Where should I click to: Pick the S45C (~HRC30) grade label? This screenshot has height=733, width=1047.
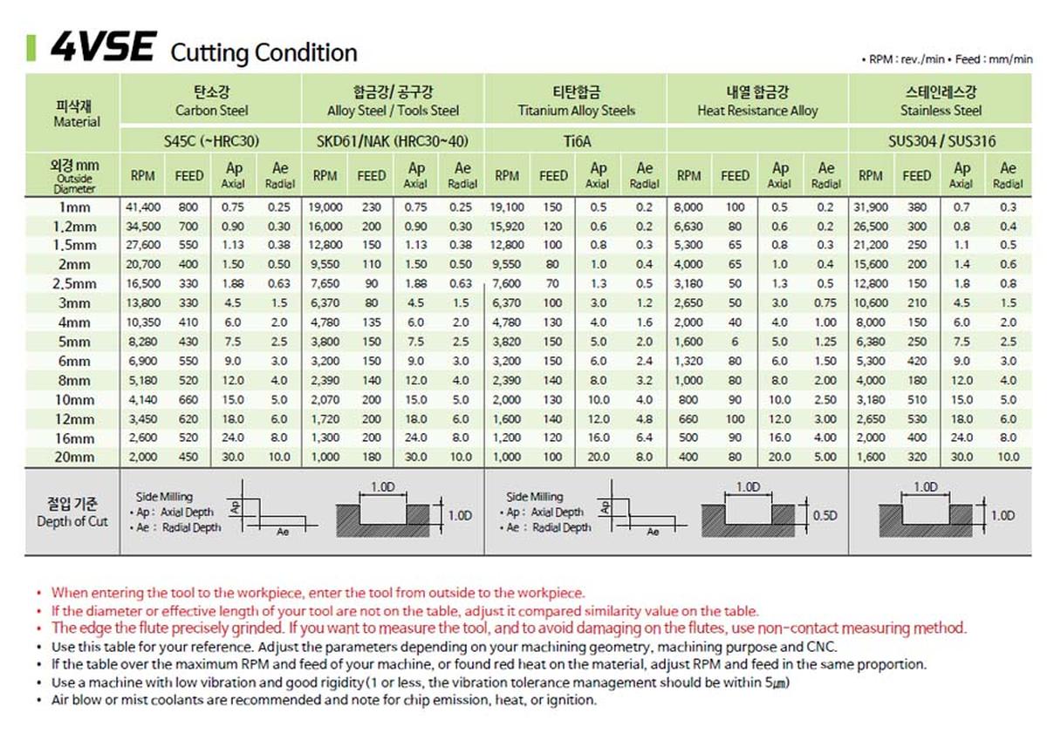211,140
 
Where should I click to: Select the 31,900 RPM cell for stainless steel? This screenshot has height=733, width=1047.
870,207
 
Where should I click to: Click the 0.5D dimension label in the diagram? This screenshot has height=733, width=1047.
825,515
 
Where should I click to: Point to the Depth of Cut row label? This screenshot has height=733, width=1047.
72,512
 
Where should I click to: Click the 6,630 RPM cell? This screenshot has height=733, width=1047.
689,227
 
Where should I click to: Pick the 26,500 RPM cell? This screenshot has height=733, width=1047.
870,227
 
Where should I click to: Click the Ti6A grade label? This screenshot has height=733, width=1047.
576,140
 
